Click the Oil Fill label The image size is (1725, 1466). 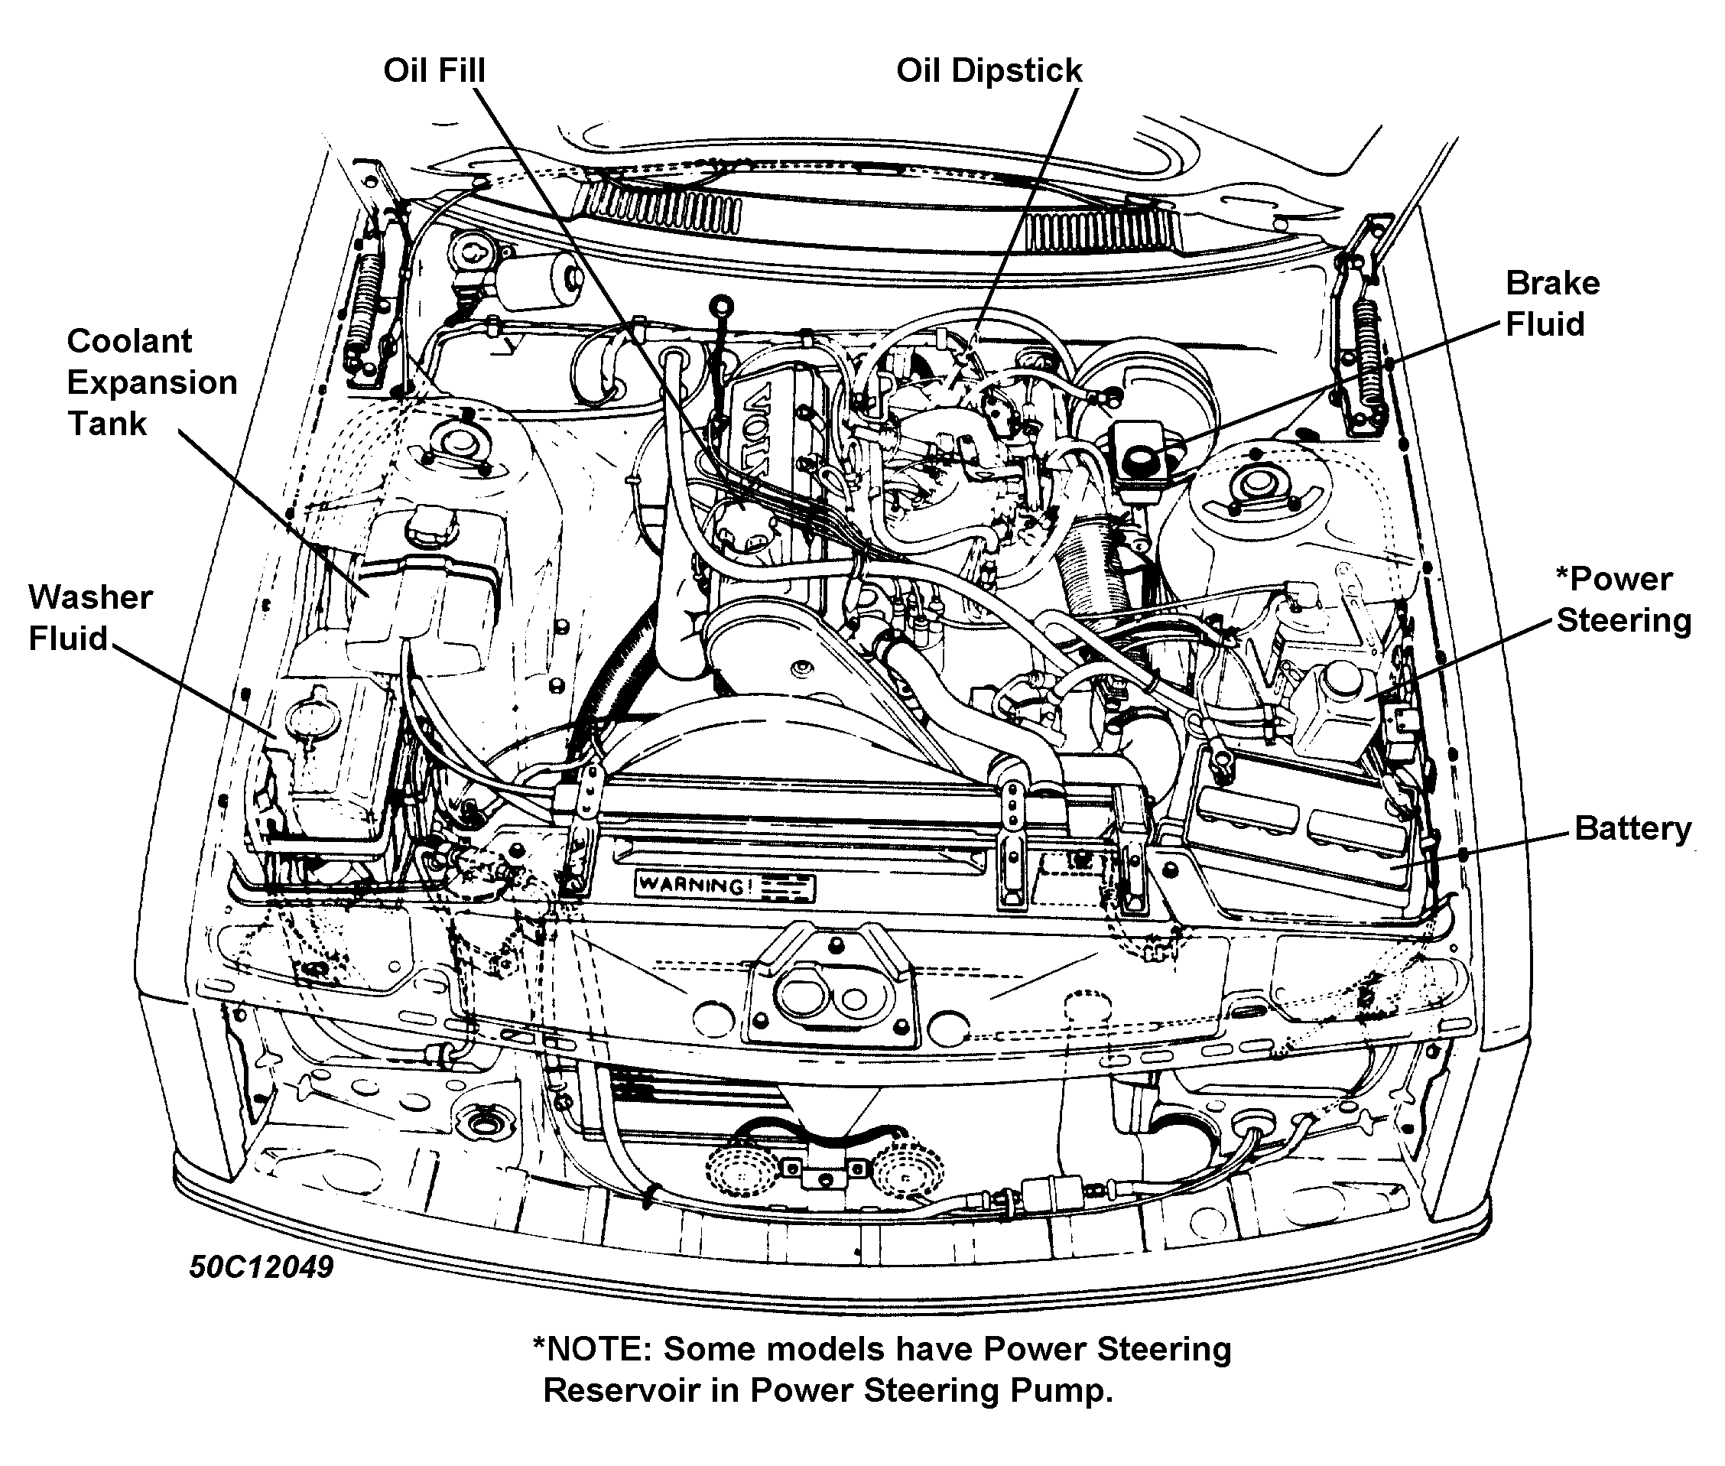click(x=434, y=70)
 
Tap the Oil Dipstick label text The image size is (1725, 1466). click(x=989, y=70)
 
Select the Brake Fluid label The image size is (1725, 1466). click(x=1551, y=304)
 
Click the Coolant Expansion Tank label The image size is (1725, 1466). click(x=151, y=382)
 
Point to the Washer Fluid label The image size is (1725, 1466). click(x=89, y=617)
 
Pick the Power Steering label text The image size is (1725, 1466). click(x=1622, y=600)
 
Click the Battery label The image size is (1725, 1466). click(x=1632, y=828)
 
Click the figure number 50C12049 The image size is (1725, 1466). click(x=261, y=1266)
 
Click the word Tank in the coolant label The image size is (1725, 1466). click(x=106, y=424)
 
